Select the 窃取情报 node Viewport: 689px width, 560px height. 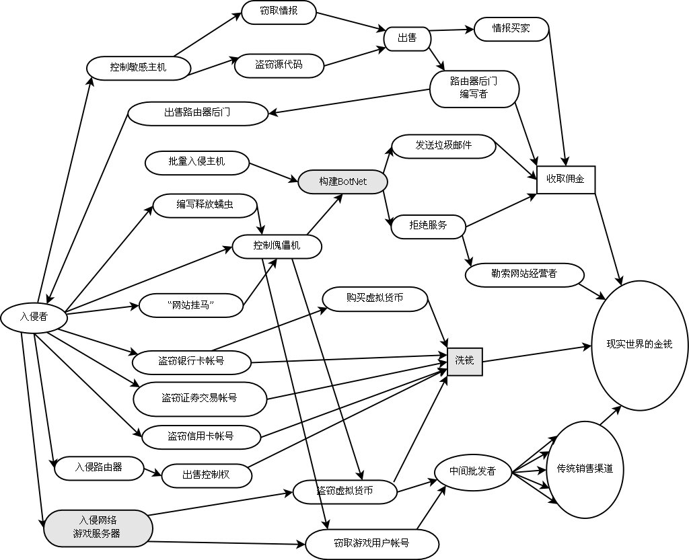[278, 12]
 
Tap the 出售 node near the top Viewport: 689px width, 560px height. [407, 38]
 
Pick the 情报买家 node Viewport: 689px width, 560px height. [512, 28]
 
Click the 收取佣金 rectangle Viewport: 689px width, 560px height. [565, 179]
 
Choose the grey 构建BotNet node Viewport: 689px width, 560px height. [343, 182]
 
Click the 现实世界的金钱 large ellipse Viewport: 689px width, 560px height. [639, 344]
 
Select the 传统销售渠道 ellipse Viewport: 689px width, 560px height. [585, 469]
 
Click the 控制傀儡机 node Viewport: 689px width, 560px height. [277, 246]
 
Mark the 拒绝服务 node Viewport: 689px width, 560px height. [428, 225]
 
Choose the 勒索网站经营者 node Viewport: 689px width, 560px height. [524, 274]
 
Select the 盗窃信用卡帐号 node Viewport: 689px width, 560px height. [200, 436]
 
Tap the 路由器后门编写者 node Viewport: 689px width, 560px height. [474, 88]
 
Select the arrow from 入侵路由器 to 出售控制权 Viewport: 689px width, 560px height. [153, 471]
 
